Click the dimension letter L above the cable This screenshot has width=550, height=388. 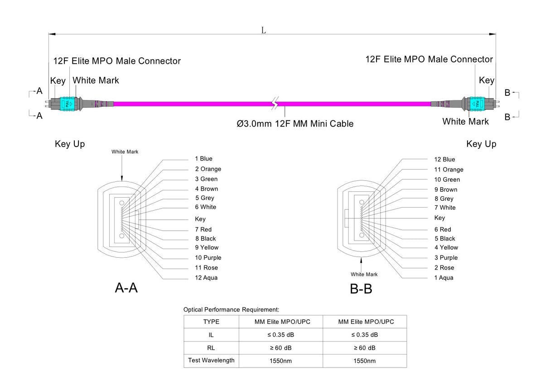263,30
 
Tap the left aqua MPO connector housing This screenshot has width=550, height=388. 68,104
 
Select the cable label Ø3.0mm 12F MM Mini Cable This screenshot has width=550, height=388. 295,123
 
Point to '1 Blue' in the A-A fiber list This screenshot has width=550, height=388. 203,159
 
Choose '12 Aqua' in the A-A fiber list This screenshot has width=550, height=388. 206,278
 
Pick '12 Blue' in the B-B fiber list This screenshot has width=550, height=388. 444,159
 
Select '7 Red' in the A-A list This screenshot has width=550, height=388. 203,229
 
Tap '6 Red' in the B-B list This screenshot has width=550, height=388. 443,229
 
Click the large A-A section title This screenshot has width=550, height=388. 126,288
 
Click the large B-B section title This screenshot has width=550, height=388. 361,289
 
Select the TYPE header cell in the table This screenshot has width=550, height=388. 211,322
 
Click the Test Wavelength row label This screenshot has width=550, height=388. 211,360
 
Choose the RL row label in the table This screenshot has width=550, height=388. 211,348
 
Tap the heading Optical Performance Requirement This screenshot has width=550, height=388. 231,310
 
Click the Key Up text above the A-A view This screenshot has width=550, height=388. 70,144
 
